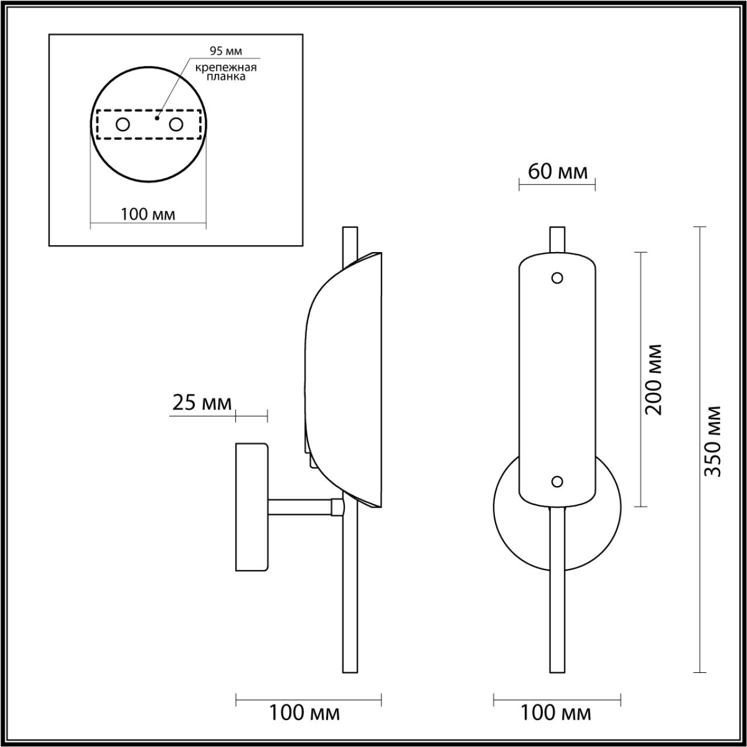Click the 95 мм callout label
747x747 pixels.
226,51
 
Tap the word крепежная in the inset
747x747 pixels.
226,68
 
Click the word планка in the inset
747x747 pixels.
226,77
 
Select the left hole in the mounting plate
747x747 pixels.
123,125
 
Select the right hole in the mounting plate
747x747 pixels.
176,125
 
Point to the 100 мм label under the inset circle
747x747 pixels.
148,214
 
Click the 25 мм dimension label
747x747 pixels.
201,403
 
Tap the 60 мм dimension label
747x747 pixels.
557,172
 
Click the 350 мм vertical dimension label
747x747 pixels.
713,441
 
